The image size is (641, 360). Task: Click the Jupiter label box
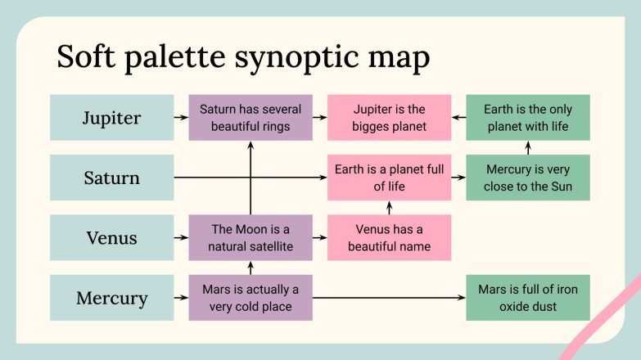click(x=111, y=118)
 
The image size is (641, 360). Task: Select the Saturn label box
click(x=111, y=178)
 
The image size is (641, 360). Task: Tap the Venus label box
click(x=111, y=238)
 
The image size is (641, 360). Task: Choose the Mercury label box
click(x=111, y=298)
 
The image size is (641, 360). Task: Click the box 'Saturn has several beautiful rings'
click(x=251, y=118)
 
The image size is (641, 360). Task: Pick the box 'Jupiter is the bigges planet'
click(x=389, y=118)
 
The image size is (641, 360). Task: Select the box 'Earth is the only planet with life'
click(x=527, y=118)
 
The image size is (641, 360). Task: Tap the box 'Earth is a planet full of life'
click(x=389, y=178)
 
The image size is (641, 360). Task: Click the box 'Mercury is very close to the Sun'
click(x=527, y=178)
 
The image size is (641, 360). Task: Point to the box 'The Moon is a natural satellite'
click(x=251, y=238)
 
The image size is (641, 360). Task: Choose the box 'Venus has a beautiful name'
click(x=389, y=238)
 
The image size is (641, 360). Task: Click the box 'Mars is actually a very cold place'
click(x=251, y=298)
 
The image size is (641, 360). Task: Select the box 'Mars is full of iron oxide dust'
click(x=527, y=298)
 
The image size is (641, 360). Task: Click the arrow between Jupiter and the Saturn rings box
click(x=181, y=118)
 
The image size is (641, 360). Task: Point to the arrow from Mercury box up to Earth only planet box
click(x=527, y=147)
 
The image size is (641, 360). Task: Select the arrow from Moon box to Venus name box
click(x=320, y=238)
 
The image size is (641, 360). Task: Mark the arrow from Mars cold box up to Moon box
click(x=251, y=268)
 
